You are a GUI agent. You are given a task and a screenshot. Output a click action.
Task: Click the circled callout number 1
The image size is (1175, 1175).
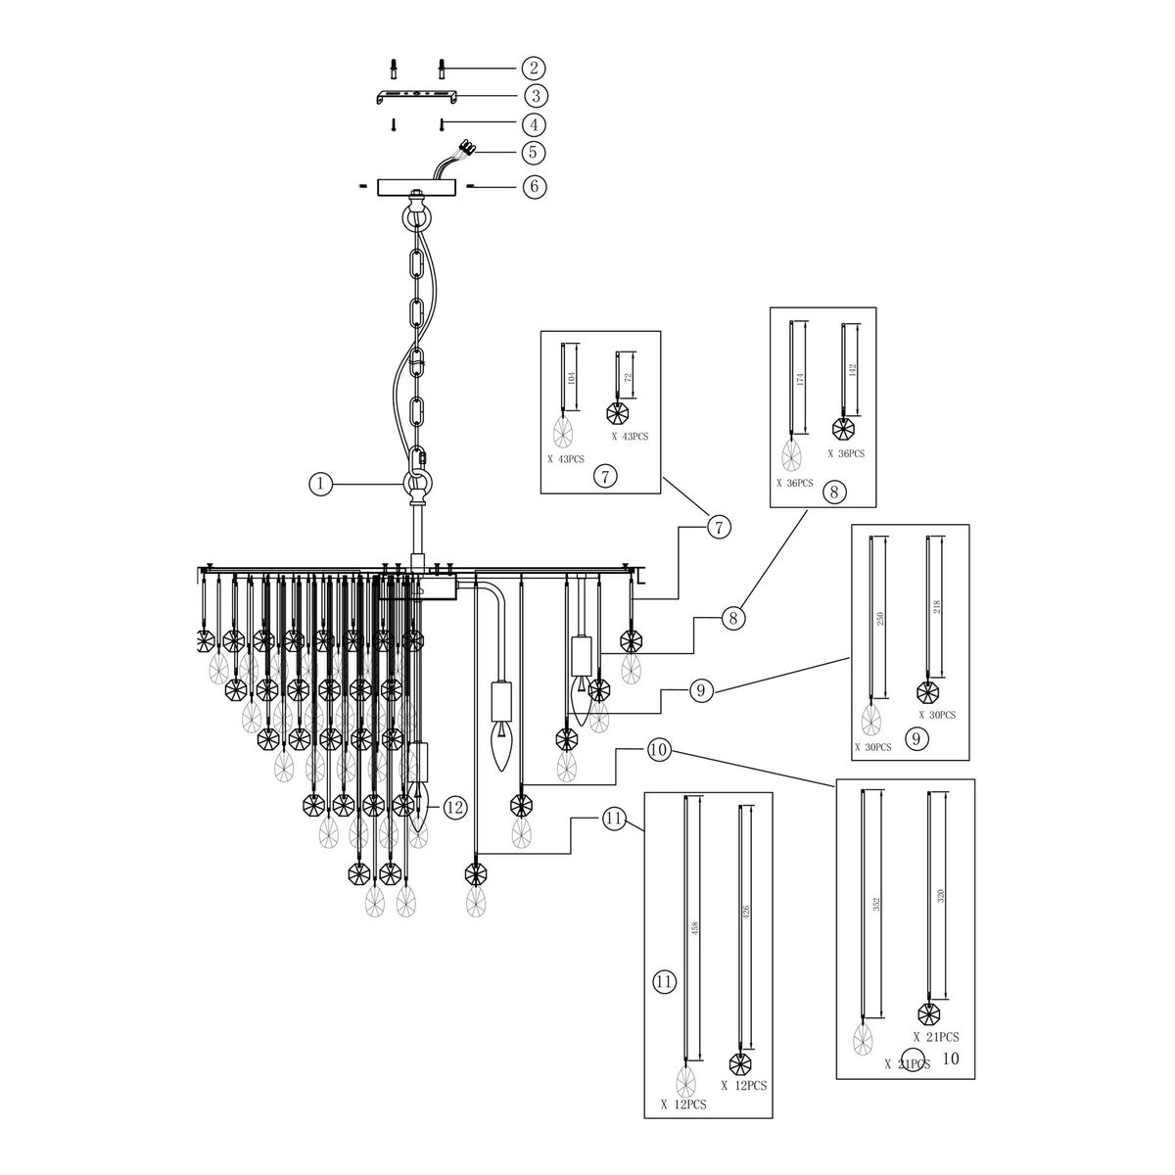click(x=319, y=483)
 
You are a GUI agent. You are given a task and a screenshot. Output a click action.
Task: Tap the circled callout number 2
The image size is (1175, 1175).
click(x=534, y=68)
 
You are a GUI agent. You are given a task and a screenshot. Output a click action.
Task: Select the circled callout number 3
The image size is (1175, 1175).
click(x=534, y=96)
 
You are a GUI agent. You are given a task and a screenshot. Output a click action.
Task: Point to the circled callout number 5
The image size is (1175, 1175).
click(x=534, y=153)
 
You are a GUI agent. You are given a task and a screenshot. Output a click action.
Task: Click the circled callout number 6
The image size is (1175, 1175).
click(x=534, y=186)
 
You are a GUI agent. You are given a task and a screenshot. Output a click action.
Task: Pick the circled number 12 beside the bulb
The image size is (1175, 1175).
click(x=453, y=808)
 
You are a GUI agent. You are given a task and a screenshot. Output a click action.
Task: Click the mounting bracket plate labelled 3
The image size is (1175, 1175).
click(x=414, y=97)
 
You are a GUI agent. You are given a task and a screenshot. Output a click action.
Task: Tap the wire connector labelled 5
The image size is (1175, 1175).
click(x=465, y=150)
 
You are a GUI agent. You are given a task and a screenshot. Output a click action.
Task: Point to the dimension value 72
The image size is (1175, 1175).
click(x=629, y=376)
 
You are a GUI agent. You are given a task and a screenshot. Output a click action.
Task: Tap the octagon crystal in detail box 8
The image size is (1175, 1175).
click(x=841, y=428)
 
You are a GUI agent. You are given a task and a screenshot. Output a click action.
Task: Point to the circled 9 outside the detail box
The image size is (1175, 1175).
click(x=698, y=691)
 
